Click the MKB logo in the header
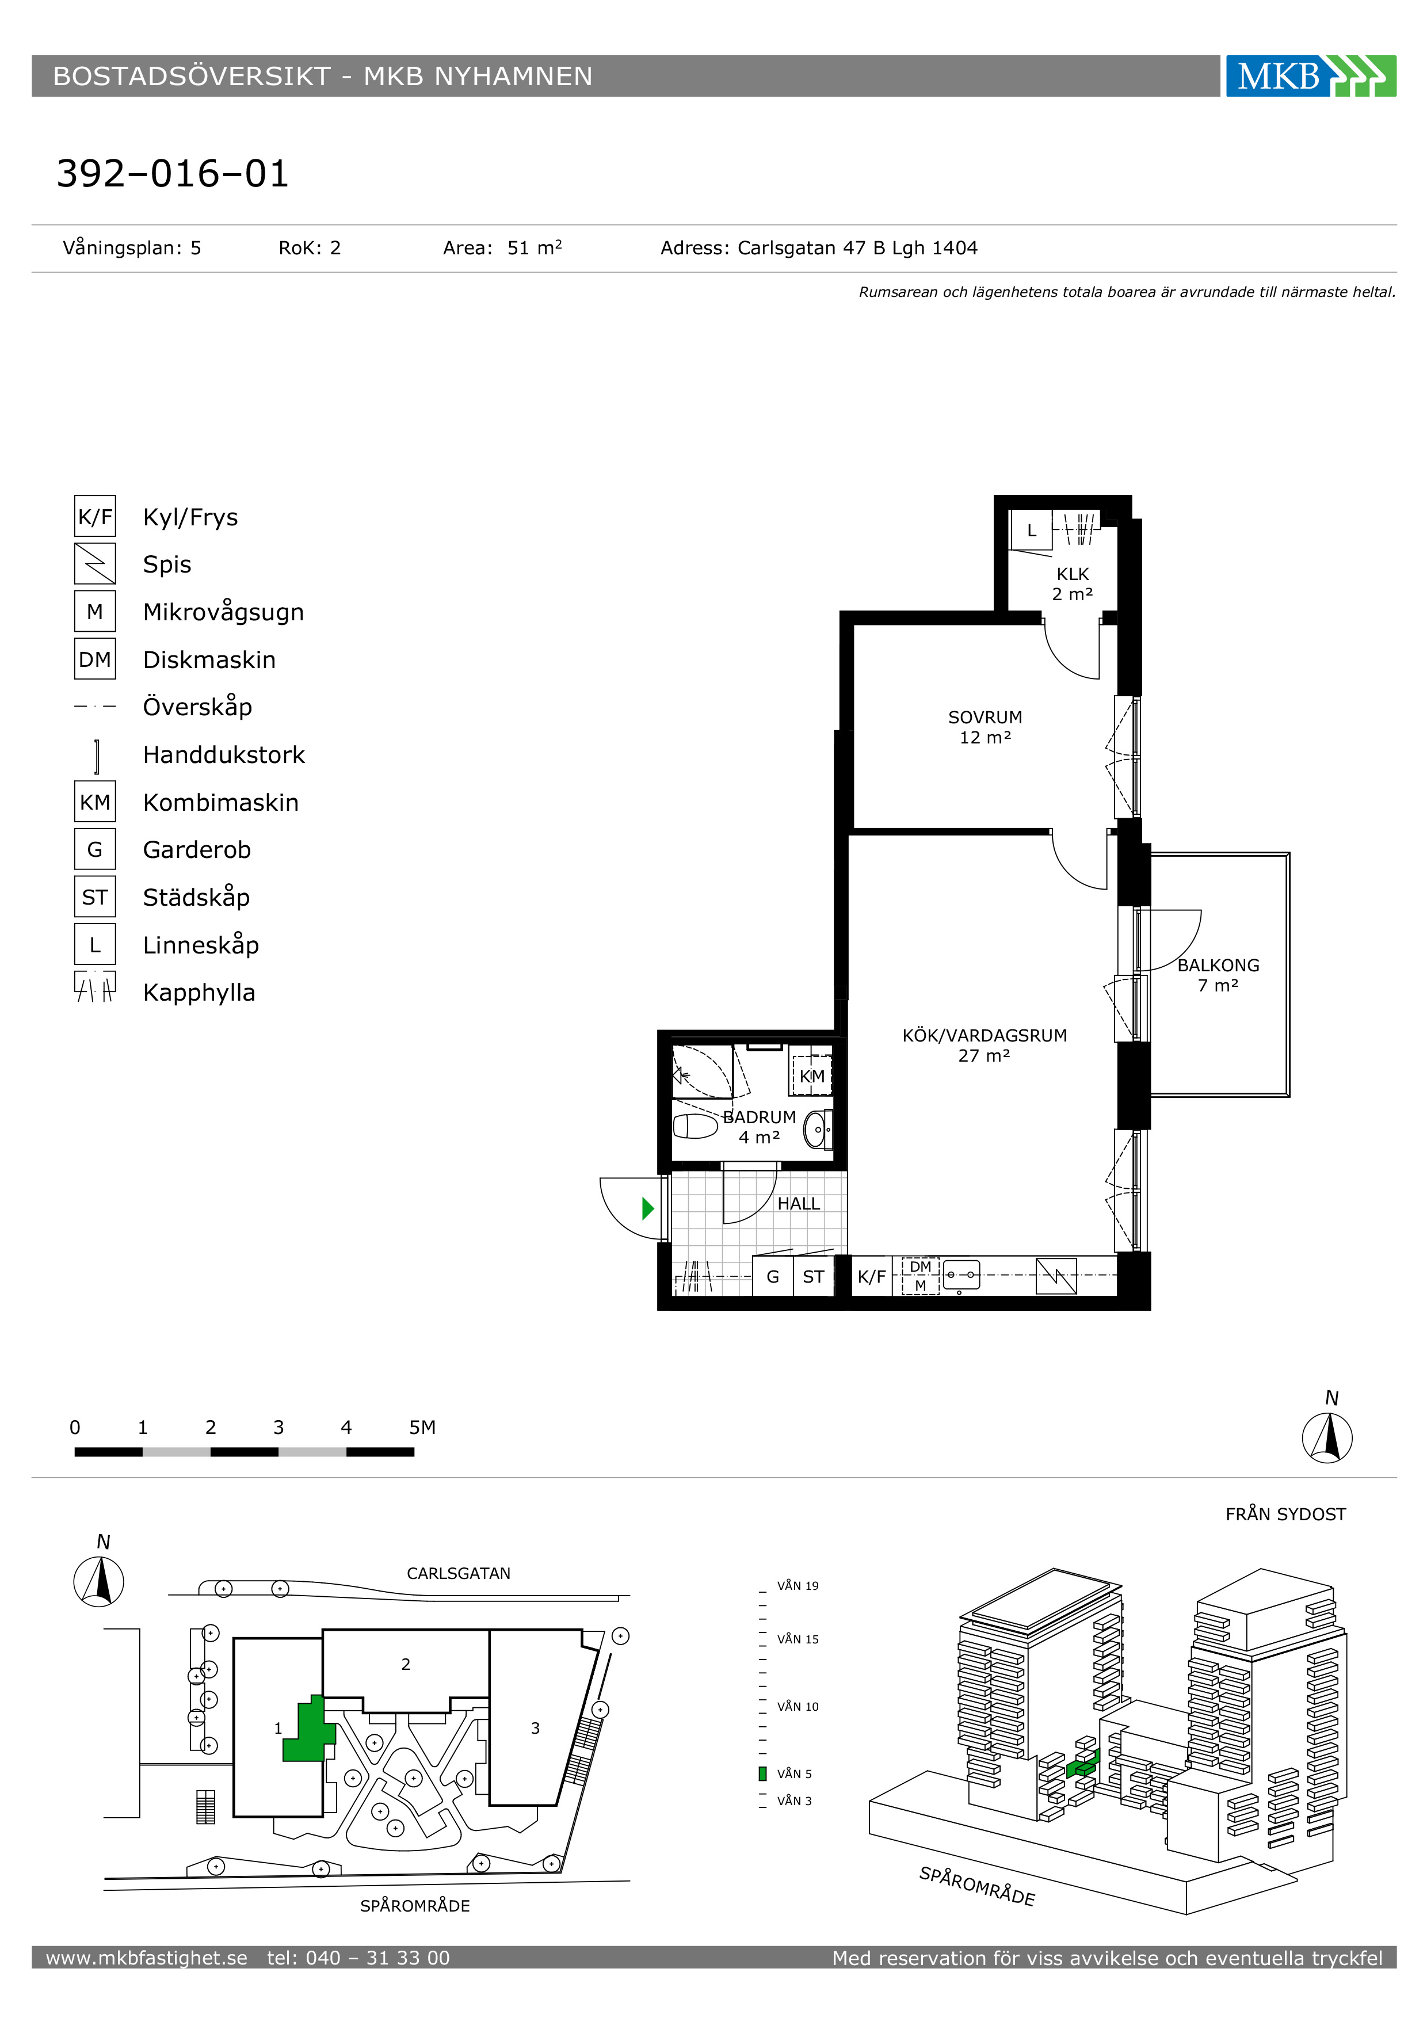(1310, 77)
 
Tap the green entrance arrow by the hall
(648, 1208)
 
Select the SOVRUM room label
(985, 717)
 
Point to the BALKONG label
(1218, 965)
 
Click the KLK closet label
(1073, 574)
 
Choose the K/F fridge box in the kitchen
(872, 1276)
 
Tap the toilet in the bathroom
(695, 1126)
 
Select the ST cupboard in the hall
(814, 1276)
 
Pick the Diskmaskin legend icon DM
(95, 659)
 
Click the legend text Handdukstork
(224, 755)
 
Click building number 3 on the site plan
(535, 1728)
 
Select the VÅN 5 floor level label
(794, 1773)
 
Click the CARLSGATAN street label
(459, 1573)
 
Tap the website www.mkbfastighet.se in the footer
(147, 1958)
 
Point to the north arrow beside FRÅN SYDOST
(1327, 1437)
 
